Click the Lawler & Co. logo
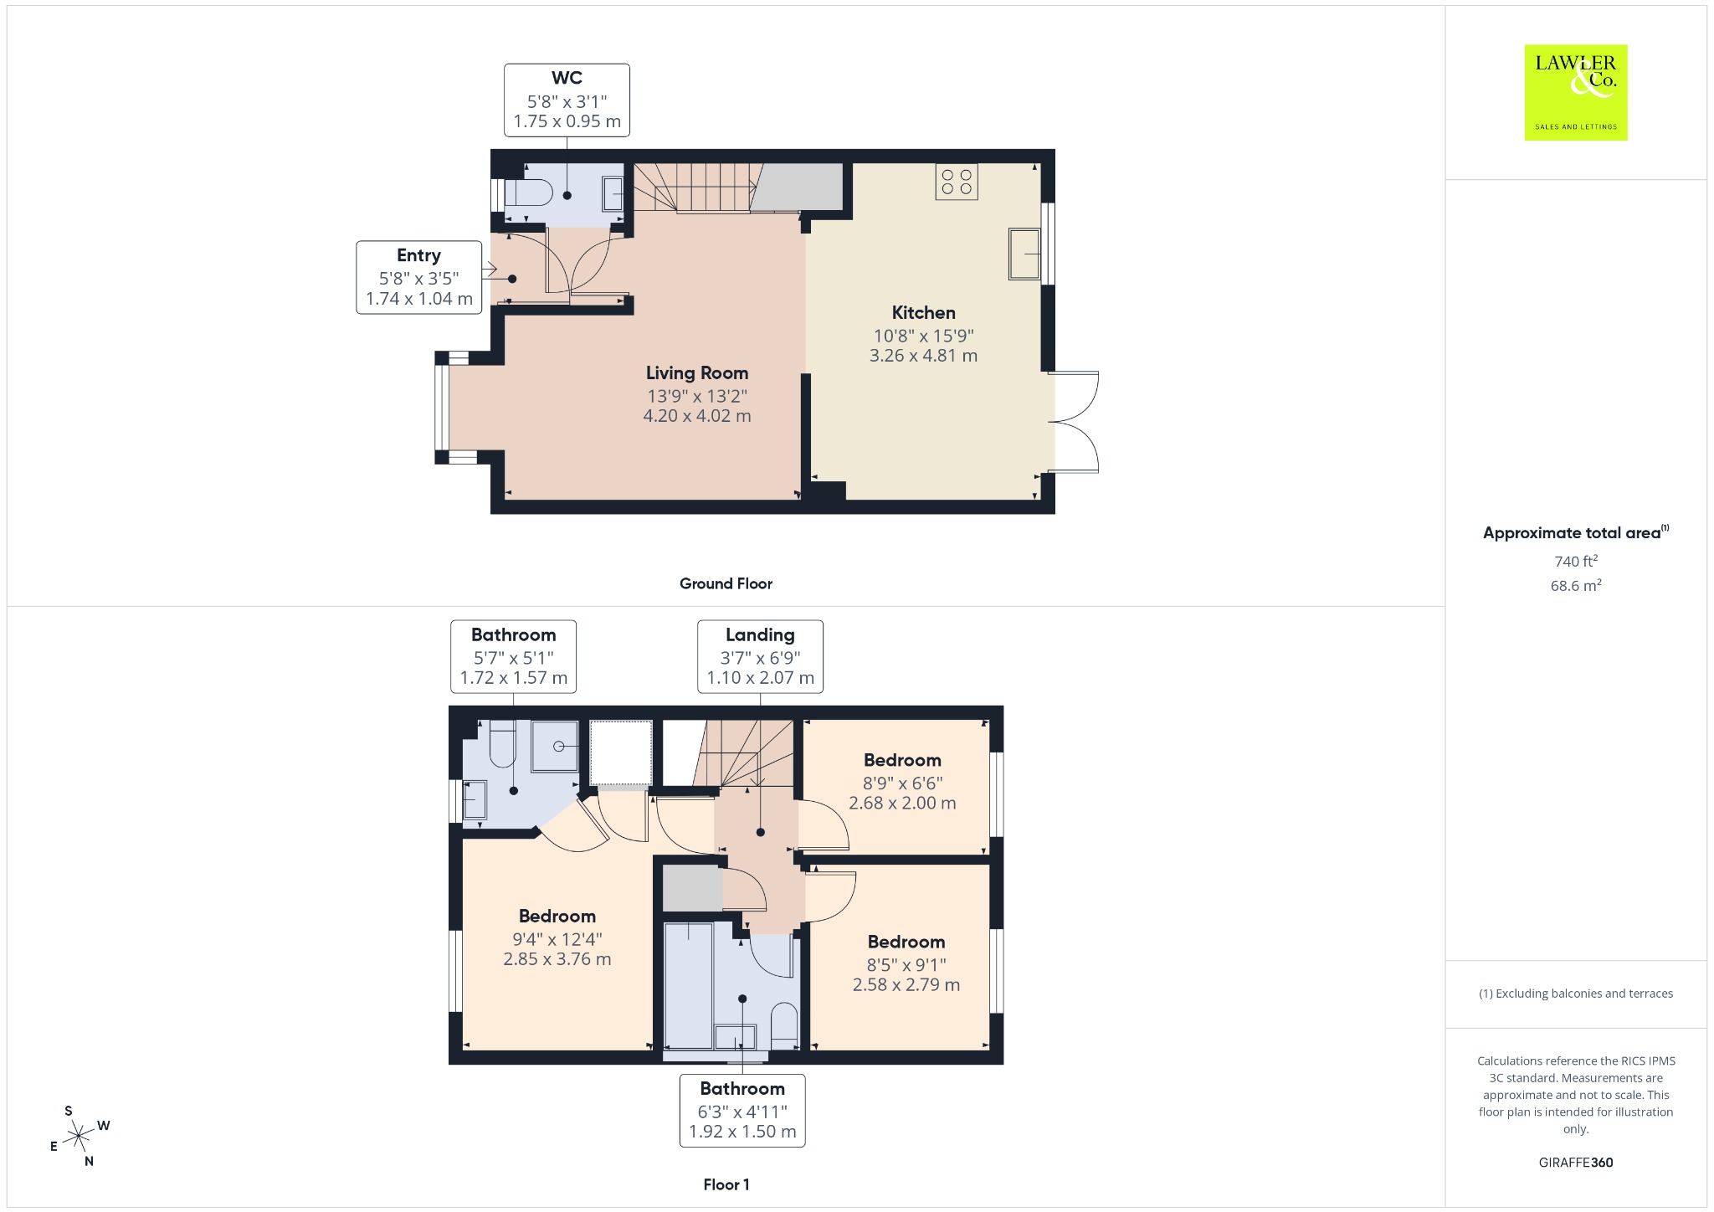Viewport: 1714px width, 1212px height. pos(1575,92)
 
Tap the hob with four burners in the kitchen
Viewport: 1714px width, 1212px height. pos(957,182)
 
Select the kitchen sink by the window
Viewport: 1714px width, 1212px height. pos(1024,254)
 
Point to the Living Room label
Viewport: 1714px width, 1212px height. pos(697,373)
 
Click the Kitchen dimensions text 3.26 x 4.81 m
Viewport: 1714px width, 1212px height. pos(923,356)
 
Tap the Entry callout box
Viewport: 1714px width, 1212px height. pos(419,277)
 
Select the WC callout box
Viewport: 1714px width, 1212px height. pos(567,100)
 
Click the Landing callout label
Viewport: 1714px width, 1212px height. pos(760,635)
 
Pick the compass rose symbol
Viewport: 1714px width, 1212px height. pos(79,1136)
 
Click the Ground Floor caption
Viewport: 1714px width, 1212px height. pos(726,584)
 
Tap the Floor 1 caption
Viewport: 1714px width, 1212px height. pos(726,1184)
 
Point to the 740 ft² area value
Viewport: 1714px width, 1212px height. pos(1576,561)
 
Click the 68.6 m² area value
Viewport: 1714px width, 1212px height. pos(1576,585)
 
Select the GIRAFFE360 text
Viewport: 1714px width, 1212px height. pos(1576,1163)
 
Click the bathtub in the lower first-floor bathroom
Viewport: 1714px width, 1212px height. pos(689,985)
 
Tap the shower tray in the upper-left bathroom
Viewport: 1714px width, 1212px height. pos(555,746)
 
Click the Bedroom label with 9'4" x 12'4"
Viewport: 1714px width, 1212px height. pos(557,917)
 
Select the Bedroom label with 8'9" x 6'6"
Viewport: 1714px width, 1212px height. pos(902,761)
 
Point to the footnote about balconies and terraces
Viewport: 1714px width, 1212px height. pos(1576,994)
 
